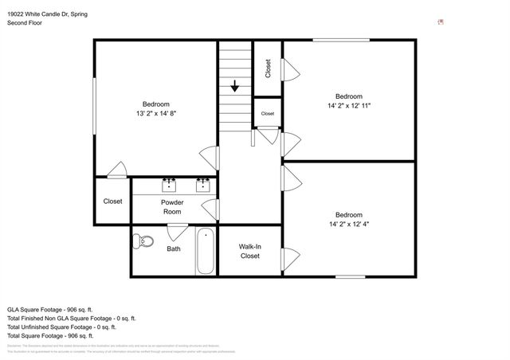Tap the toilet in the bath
(143, 241)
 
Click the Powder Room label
(173, 207)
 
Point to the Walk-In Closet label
(250, 252)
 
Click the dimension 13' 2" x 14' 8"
(155, 114)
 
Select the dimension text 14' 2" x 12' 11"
(349, 105)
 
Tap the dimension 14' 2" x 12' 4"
(349, 224)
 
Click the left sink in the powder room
(169, 186)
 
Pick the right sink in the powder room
(202, 186)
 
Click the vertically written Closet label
(268, 68)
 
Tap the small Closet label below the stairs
(267, 114)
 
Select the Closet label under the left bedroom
(112, 202)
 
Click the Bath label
(173, 248)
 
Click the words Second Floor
(25, 23)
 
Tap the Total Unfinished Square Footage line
(61, 327)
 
